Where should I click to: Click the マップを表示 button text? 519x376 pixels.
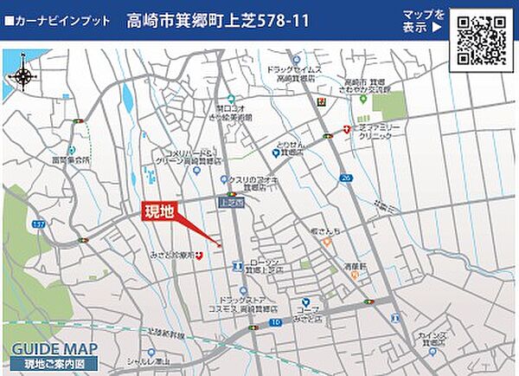(423, 21)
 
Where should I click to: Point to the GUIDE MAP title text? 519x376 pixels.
(54, 350)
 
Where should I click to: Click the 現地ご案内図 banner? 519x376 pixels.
(54, 364)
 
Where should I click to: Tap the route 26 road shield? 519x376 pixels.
(345, 178)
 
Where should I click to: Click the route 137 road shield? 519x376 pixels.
(38, 225)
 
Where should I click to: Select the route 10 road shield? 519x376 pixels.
(276, 322)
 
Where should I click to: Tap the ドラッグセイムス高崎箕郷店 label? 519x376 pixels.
(295, 74)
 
